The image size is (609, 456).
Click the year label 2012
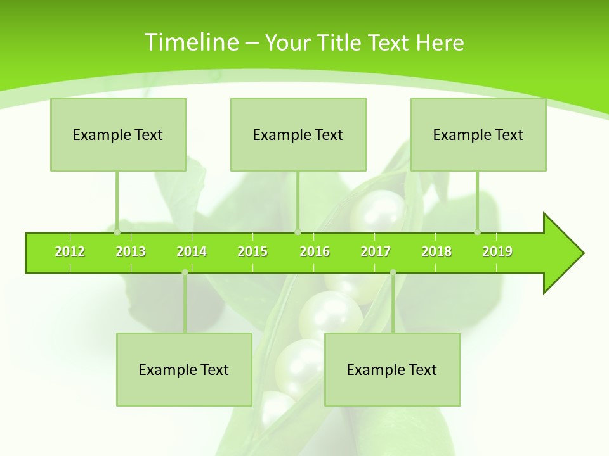70,251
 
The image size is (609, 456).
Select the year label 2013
131,251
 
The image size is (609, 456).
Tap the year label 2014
192,251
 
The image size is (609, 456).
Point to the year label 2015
252,251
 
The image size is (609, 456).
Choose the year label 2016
315,251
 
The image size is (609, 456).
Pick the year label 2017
376,251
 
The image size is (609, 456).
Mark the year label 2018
436,251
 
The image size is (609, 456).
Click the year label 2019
497,251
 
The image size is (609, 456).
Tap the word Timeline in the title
191,42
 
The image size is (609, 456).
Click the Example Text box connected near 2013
118,134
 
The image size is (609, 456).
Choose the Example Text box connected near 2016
298,134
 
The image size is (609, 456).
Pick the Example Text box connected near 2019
478,134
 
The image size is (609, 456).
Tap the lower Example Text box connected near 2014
184,369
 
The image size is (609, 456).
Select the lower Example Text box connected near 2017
392,369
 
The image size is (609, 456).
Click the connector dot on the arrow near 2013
117,232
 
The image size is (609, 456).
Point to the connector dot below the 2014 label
185,272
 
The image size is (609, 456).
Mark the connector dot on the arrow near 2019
478,232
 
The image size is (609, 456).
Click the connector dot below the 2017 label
393,272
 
